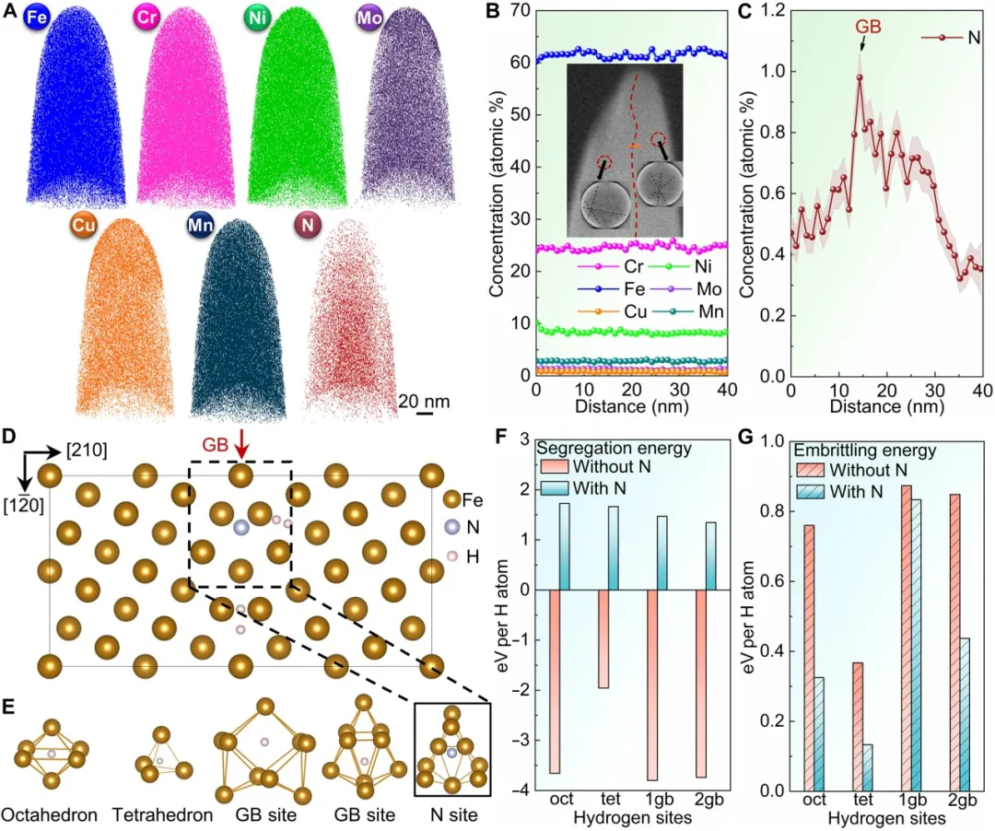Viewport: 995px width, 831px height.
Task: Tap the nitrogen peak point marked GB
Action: (859, 78)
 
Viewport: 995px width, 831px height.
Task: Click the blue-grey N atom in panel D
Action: (241, 528)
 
